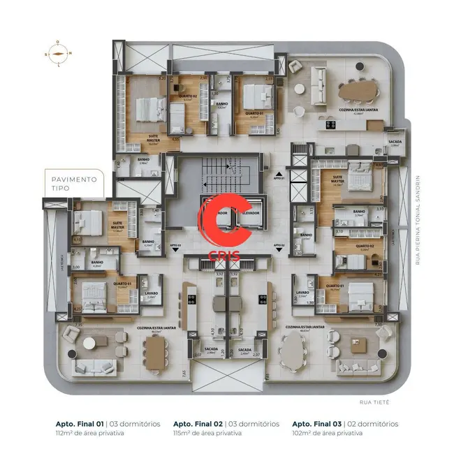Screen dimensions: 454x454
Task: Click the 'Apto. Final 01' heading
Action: pos(80,424)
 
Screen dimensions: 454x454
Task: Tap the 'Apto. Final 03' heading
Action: pos(316,424)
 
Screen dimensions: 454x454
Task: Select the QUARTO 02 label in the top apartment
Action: pos(186,96)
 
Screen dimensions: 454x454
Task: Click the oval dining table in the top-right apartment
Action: pos(358,89)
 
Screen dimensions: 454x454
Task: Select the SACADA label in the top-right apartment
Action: pos(395,141)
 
